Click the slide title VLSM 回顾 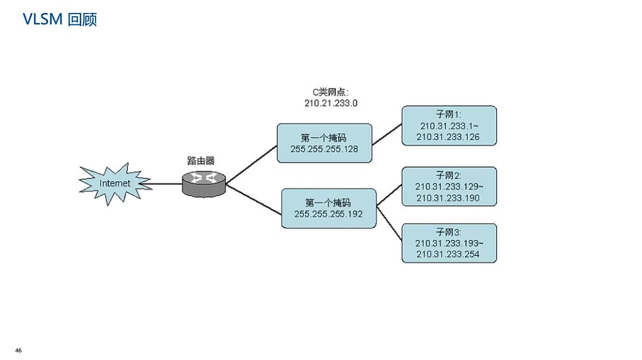click(59, 20)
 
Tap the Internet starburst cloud click(114, 184)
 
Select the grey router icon click(204, 184)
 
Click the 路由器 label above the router click(201, 160)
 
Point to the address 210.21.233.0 click(331, 103)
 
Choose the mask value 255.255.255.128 click(324, 149)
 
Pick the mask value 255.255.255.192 click(328, 214)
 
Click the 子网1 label click(449, 115)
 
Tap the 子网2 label click(449, 176)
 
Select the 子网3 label click(449, 232)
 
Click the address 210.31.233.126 click(449, 137)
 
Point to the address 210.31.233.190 click(448, 198)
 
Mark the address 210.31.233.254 click(448, 254)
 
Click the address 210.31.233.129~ click(449, 187)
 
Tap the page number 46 click(18, 350)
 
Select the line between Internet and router click(166, 184)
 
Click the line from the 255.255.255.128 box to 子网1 click(386, 135)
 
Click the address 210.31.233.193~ click(449, 244)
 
